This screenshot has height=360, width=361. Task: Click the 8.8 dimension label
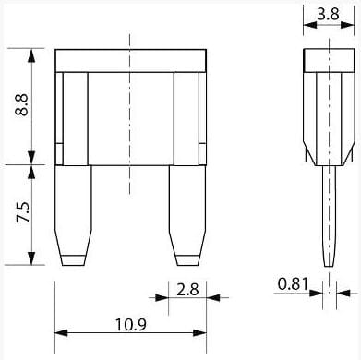pos(22,104)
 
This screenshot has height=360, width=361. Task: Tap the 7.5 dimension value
pos(23,212)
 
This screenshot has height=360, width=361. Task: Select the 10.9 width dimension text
pos(131,324)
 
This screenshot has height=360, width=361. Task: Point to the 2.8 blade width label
pos(187,290)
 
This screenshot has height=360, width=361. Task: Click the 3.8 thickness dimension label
pos(328,14)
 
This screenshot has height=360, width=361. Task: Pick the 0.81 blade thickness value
pos(293,283)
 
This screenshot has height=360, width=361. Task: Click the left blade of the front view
pos(73,215)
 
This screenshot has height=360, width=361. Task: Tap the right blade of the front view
pos(187,215)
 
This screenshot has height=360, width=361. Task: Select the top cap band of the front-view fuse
pos(130,61)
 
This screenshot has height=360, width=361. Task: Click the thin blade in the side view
pos(330,216)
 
